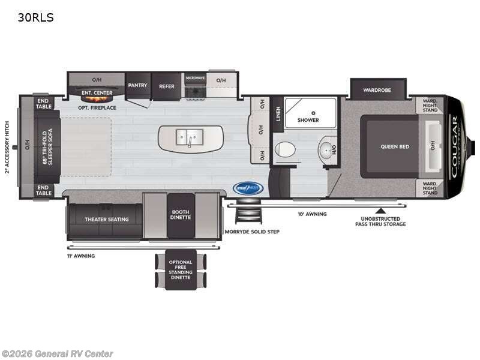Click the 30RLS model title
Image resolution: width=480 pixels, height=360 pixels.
point(35,17)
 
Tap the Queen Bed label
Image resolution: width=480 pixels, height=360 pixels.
point(394,146)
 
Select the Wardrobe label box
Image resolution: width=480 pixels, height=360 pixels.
point(377,90)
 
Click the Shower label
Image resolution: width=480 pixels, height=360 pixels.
point(308,120)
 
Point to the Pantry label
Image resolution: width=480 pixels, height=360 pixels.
point(137,86)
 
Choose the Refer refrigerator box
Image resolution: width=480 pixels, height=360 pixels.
point(167,86)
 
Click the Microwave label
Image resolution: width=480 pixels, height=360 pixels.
point(195,78)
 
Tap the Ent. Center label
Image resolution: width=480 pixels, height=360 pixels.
point(97,93)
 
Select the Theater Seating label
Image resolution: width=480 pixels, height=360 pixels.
point(106,219)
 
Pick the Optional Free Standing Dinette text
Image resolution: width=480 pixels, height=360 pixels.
point(180,270)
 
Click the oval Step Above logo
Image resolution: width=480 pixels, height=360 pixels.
point(248,188)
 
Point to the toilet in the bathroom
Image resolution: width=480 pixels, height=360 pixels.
point(284,149)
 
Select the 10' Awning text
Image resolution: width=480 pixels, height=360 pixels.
point(312,214)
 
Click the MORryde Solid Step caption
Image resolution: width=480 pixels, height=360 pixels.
point(253,231)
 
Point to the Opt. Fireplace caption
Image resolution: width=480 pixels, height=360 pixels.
point(97,108)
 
